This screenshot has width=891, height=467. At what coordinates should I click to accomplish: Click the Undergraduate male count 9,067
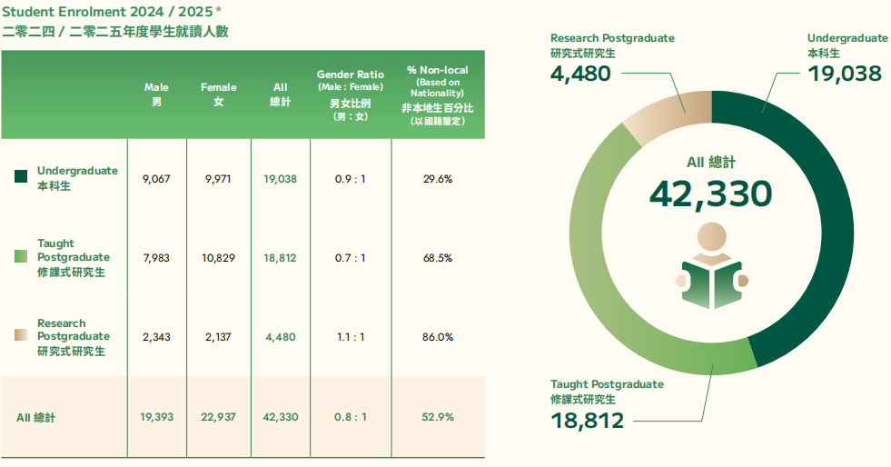pyautogui.click(x=156, y=179)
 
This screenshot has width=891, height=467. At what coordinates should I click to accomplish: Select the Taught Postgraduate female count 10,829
pyautogui.click(x=218, y=258)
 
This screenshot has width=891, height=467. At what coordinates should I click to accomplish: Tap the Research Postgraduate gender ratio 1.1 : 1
pyautogui.click(x=350, y=337)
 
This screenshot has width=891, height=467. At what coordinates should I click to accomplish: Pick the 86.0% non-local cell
pyautogui.click(x=438, y=337)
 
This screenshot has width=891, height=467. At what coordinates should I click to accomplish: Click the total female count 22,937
pyautogui.click(x=218, y=417)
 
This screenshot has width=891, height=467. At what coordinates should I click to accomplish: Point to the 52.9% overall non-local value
pyautogui.click(x=438, y=417)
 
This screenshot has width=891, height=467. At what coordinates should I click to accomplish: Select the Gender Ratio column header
pyautogui.click(x=350, y=94)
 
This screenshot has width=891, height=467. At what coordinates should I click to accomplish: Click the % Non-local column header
pyautogui.click(x=437, y=94)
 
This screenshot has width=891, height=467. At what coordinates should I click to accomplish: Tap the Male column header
pyautogui.click(x=156, y=94)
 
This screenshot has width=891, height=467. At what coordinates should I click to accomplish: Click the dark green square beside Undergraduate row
pyautogui.click(x=22, y=176)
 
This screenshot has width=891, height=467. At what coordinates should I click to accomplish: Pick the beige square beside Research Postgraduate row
pyautogui.click(x=22, y=335)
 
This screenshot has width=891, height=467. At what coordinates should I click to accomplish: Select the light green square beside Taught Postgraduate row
pyautogui.click(x=22, y=256)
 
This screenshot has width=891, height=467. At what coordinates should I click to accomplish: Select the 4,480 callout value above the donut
pyautogui.click(x=580, y=73)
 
